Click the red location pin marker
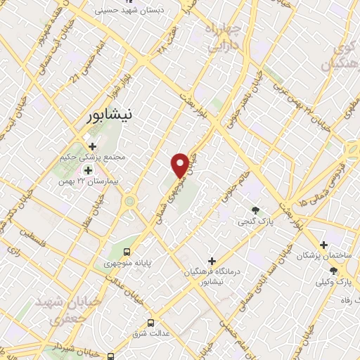point(181,165)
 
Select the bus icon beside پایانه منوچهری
point(127,252)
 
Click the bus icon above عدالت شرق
point(151,323)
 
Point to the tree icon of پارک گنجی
point(255,210)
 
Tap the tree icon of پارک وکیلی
point(345,271)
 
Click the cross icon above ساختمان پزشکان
point(323,245)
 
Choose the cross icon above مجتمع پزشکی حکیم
point(93,146)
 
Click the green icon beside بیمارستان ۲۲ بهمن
point(89,169)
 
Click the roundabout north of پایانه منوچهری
point(129,202)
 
